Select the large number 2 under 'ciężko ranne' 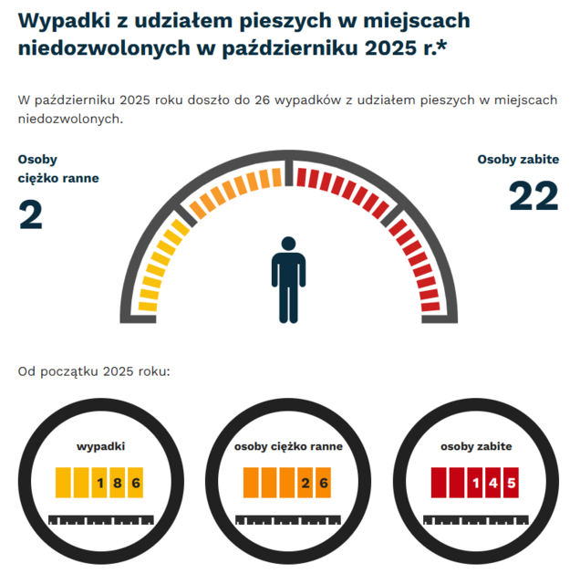(x=31, y=214)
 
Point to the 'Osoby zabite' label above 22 (x=518, y=159)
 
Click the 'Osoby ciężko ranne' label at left (x=57, y=169)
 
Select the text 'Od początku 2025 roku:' (x=94, y=371)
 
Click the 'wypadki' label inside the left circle (x=100, y=446)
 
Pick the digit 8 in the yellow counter (x=118, y=482)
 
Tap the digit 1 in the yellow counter (x=100, y=482)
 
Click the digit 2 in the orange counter (x=306, y=482)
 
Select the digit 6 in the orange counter (x=323, y=482)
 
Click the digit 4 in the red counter (x=492, y=482)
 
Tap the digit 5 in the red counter (x=511, y=482)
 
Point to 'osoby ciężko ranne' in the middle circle (x=288, y=446)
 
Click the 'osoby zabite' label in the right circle (x=476, y=446)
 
